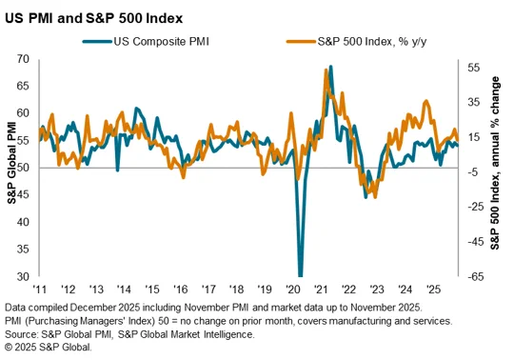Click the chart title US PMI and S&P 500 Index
click(93, 18)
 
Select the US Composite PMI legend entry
click(146, 42)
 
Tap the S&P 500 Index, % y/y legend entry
click(356, 42)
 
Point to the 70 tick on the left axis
click(23, 59)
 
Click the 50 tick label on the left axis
click(23, 168)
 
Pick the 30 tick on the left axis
click(23, 276)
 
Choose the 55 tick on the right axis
click(473, 68)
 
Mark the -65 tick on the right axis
click(473, 276)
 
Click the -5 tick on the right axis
click(473, 171)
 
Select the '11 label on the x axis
click(40, 290)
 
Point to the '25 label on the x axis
click(432, 290)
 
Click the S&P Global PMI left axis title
click(11, 163)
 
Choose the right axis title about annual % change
click(495, 163)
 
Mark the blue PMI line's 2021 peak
click(330, 67)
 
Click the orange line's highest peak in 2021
click(326, 70)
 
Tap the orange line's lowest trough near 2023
click(375, 197)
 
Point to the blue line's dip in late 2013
click(118, 170)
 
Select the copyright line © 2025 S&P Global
click(49, 348)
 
